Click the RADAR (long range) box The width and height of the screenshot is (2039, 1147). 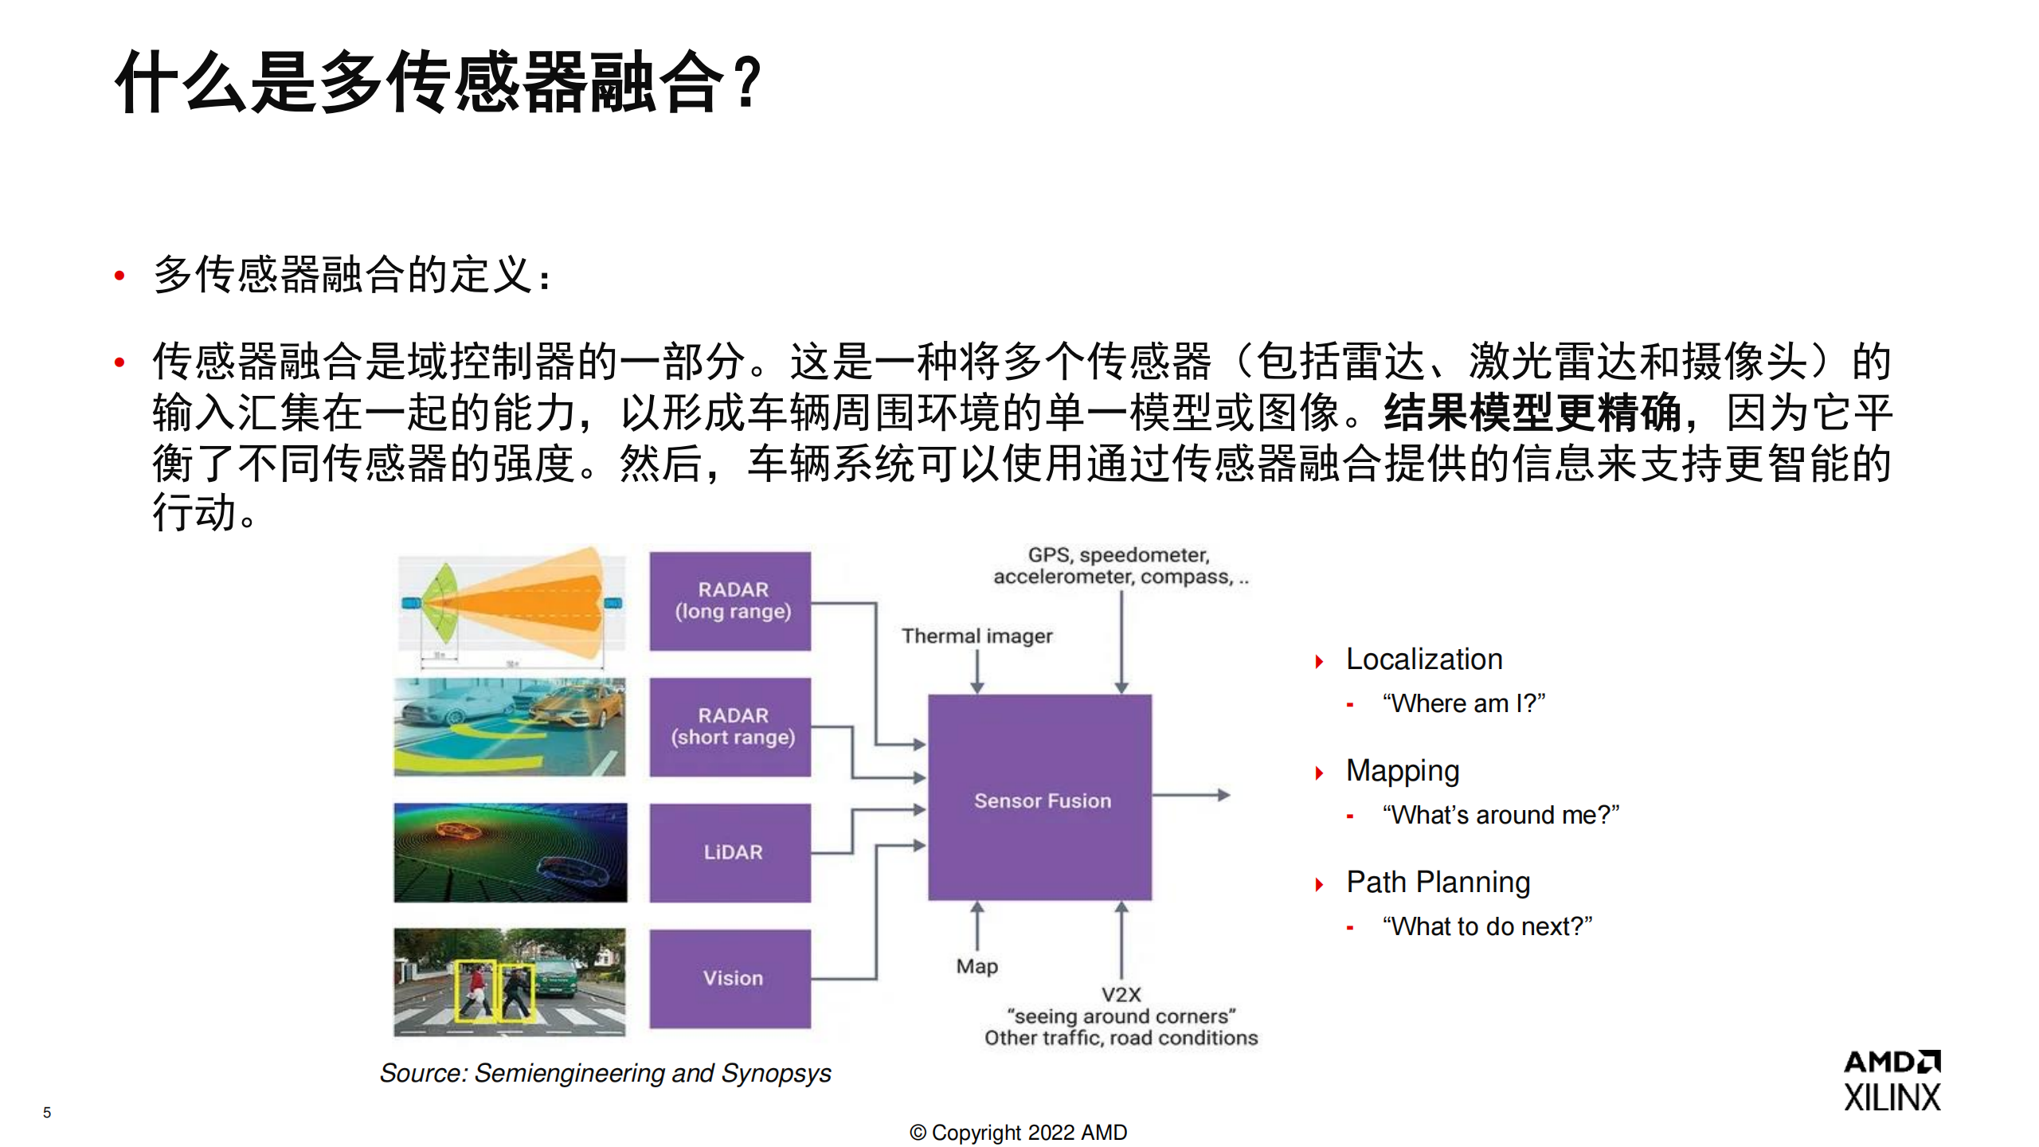tap(730, 601)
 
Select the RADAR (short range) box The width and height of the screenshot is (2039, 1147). tap(730, 726)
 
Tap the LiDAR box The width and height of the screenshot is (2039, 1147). tap(730, 852)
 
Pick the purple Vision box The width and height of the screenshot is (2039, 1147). tap(730, 978)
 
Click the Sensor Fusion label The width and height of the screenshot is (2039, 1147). tap(1042, 801)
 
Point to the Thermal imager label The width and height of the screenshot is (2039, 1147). tap(976, 636)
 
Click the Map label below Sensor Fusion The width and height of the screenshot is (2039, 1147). tap(976, 966)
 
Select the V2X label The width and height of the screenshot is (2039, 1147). tap(1121, 995)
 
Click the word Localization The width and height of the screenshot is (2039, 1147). tap(1424, 660)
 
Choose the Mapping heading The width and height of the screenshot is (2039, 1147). tap(1403, 771)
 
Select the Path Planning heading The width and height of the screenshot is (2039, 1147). tap(1438, 883)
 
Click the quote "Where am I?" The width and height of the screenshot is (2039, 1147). tap(1464, 703)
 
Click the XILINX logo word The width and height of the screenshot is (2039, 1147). tap(1892, 1098)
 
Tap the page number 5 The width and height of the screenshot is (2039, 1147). tap(47, 1113)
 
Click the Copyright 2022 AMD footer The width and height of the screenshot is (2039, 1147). tap(1019, 1133)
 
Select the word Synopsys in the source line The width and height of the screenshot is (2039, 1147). tap(776, 1074)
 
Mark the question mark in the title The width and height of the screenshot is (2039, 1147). tap(748, 82)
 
